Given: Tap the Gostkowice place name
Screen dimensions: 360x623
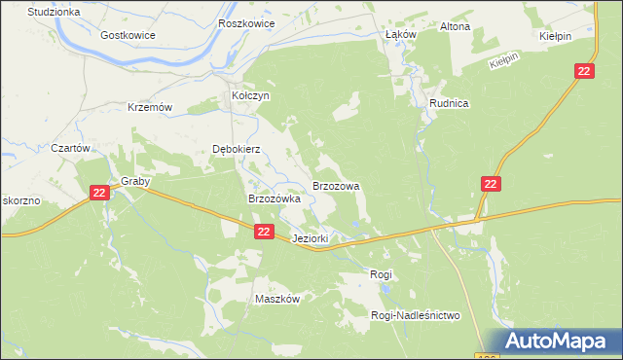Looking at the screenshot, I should pyautogui.click(x=128, y=34).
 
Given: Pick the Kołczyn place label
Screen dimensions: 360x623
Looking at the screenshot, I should pyautogui.click(x=249, y=96).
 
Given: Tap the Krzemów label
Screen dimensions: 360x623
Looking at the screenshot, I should pyautogui.click(x=150, y=108).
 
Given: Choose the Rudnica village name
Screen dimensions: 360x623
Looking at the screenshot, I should pyautogui.click(x=450, y=103).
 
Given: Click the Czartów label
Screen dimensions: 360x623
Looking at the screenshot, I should pyautogui.click(x=70, y=149).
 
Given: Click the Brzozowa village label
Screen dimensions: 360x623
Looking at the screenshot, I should pyautogui.click(x=336, y=185).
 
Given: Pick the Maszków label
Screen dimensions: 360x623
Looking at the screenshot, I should pyautogui.click(x=276, y=300).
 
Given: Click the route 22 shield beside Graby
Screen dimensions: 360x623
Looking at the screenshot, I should pyautogui.click(x=99, y=194).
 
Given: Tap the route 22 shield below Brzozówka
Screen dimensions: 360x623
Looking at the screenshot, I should pyautogui.click(x=264, y=232).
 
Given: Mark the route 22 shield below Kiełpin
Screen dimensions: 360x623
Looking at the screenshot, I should pyautogui.click(x=584, y=72).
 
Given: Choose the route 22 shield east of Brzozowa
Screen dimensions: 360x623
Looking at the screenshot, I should pyautogui.click(x=491, y=184).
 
